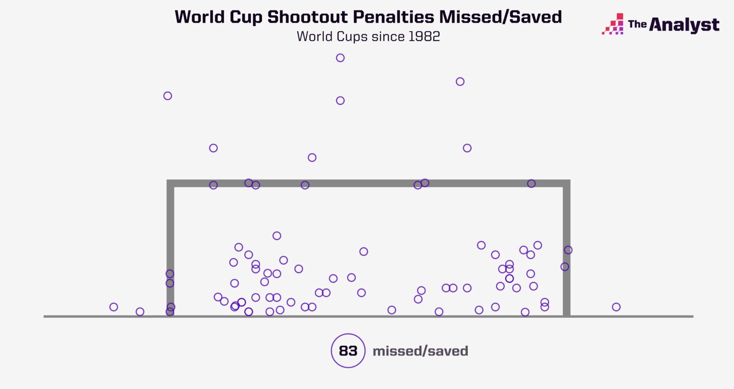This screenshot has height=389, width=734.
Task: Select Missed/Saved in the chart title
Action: coord(500,17)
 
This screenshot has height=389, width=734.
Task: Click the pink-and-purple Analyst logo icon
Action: coord(613,24)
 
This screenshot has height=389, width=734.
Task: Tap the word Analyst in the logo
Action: coord(684,25)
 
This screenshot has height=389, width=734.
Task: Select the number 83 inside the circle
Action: coord(348,351)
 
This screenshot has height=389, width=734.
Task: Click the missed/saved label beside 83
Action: coord(420,351)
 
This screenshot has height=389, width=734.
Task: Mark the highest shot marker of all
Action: coord(340,58)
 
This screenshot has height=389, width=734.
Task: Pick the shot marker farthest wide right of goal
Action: coord(616,307)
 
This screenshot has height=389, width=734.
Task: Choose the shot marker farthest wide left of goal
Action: coord(114,307)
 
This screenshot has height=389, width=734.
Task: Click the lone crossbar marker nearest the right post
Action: coord(531,184)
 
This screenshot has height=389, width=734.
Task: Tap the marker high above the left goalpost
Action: coord(168,96)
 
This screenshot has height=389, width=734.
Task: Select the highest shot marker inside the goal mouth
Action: coord(277,236)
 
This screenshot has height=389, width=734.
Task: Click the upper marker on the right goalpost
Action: coord(568,250)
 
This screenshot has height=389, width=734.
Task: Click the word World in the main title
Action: coord(200,17)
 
